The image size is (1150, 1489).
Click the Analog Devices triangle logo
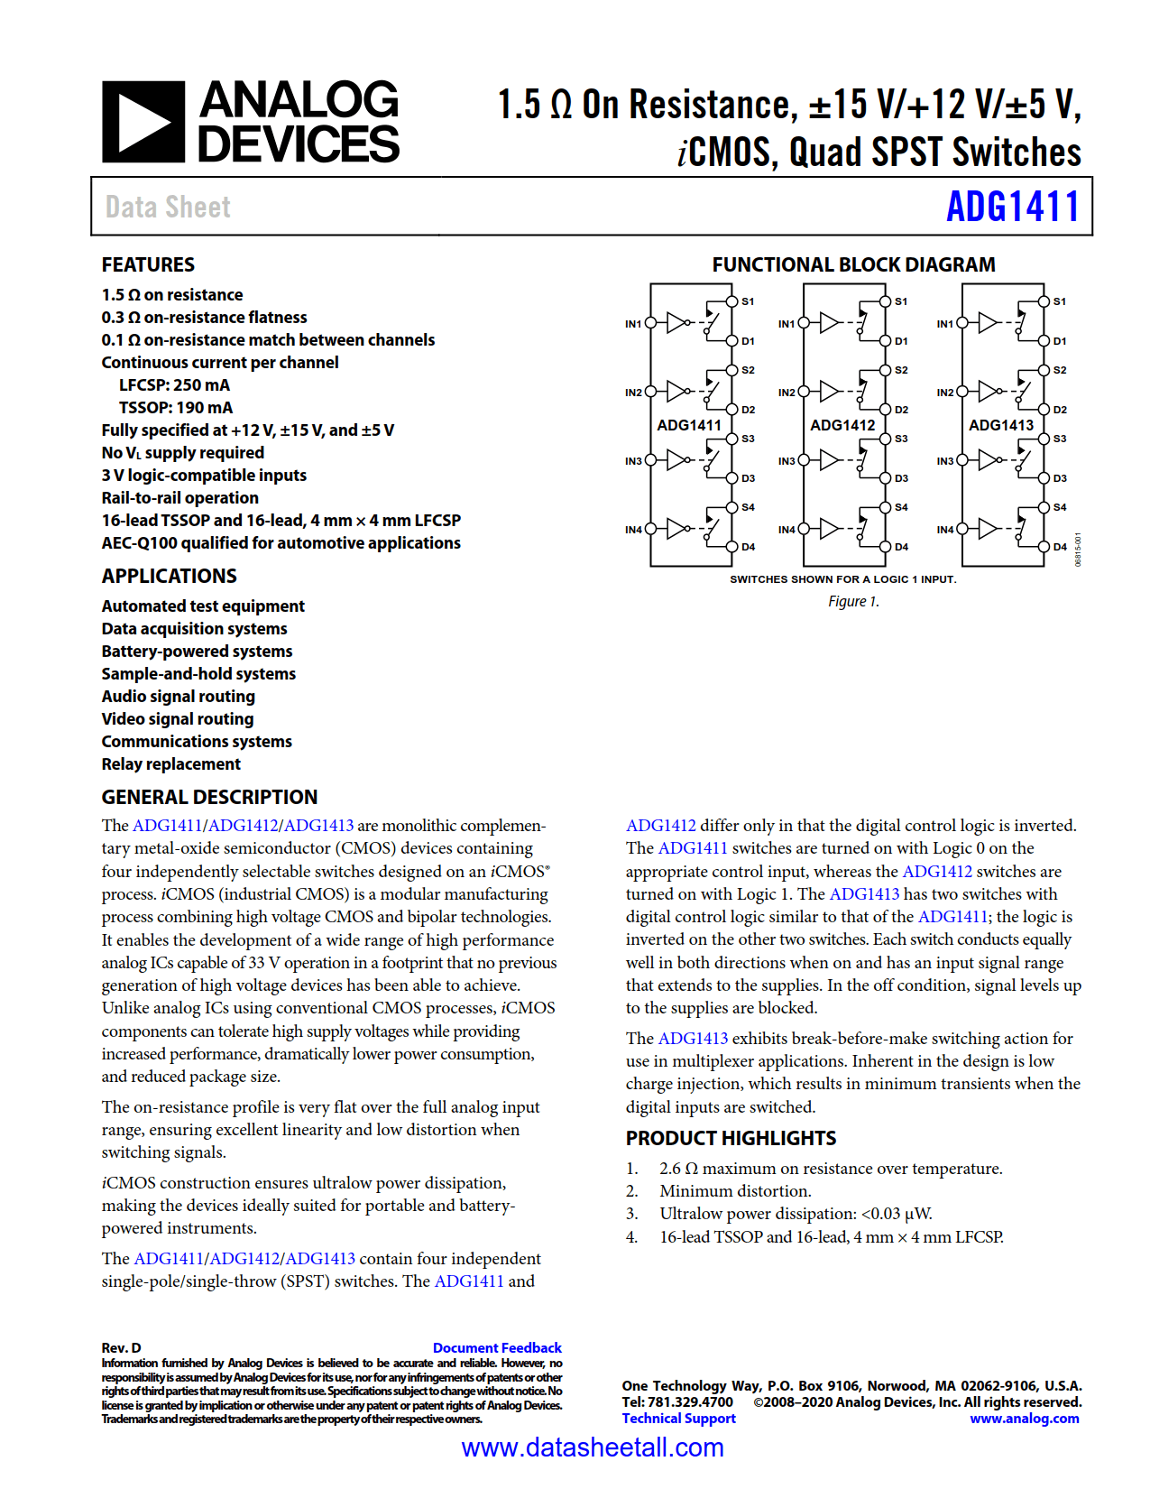click(143, 122)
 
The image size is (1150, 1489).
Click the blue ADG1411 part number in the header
click(1012, 207)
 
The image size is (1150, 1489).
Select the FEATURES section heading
click(148, 264)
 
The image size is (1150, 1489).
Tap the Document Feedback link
click(497, 1347)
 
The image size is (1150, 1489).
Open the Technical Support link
click(678, 1418)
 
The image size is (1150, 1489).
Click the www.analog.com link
click(1024, 1418)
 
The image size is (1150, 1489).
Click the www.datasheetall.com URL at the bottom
click(592, 1447)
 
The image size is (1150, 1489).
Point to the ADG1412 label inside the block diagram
click(842, 425)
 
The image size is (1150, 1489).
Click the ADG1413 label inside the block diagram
click(1001, 425)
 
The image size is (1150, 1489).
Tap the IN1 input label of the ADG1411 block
click(633, 323)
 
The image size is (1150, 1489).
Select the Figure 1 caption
click(853, 601)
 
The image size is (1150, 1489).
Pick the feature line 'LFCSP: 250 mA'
click(174, 385)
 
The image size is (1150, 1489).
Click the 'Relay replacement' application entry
click(171, 764)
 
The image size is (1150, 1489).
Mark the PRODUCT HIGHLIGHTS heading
click(731, 1138)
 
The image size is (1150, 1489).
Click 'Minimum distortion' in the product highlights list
click(734, 1191)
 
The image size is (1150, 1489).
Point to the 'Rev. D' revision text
click(121, 1347)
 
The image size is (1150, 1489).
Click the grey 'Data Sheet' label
click(168, 207)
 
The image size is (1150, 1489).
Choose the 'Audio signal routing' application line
click(179, 697)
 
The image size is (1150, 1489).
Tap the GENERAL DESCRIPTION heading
click(209, 797)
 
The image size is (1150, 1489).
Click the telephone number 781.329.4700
click(690, 1401)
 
